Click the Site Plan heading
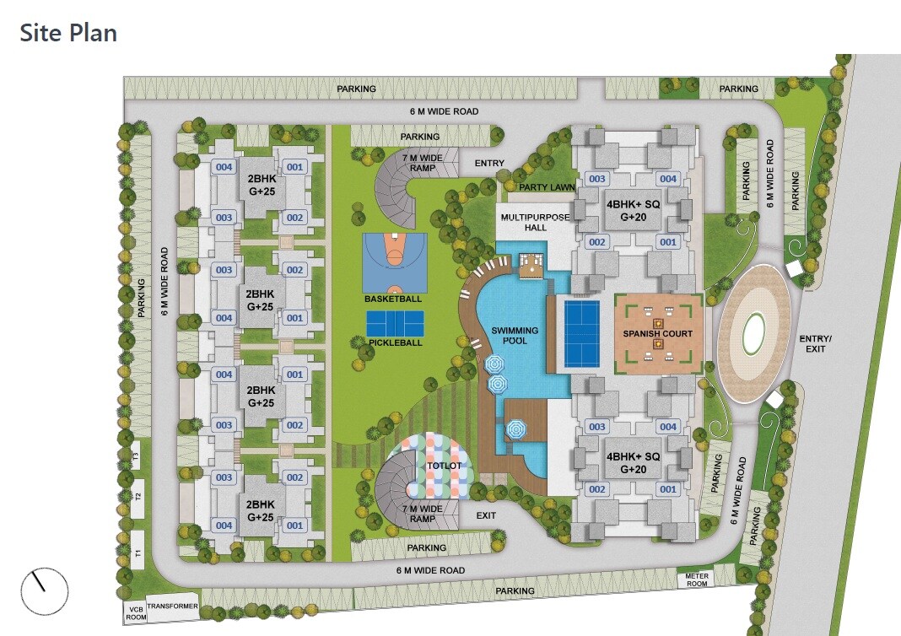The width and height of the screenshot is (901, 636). click(68, 33)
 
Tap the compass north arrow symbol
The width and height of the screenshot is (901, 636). click(43, 590)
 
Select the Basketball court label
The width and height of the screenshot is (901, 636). click(392, 299)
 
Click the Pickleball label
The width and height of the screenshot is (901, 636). click(395, 342)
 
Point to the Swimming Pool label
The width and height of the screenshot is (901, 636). click(515, 336)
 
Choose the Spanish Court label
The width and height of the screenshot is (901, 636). click(658, 333)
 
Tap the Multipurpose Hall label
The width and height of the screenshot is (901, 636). click(535, 222)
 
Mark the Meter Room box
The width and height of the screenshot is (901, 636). click(697, 579)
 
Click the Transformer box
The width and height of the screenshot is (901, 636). click(172, 606)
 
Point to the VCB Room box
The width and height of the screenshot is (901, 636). click(135, 612)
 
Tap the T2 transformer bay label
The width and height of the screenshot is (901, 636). click(138, 497)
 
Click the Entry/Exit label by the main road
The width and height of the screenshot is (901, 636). click(815, 343)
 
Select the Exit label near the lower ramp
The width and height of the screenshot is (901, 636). click(486, 515)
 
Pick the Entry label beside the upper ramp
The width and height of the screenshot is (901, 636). click(489, 163)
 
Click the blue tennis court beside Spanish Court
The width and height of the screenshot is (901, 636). click(581, 333)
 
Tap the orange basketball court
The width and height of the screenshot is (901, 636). click(394, 261)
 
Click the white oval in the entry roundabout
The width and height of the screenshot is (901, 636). click(754, 333)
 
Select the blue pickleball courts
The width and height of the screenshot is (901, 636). click(396, 323)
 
